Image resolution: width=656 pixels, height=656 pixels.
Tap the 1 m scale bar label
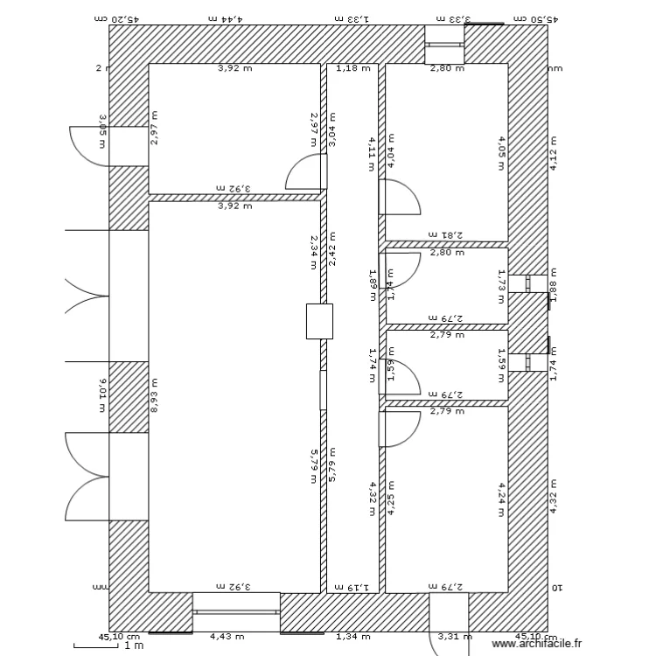pos(134,646)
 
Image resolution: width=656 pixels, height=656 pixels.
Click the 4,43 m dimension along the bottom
pos(234,638)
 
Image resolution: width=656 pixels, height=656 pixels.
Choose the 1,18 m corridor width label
pos(352,67)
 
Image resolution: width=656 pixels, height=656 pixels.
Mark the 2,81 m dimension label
pos(446,235)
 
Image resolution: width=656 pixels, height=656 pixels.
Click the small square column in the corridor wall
pos(319,321)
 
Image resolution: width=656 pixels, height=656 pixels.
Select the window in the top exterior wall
pos(444,44)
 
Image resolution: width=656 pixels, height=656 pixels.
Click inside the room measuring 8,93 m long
pos(234,394)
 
